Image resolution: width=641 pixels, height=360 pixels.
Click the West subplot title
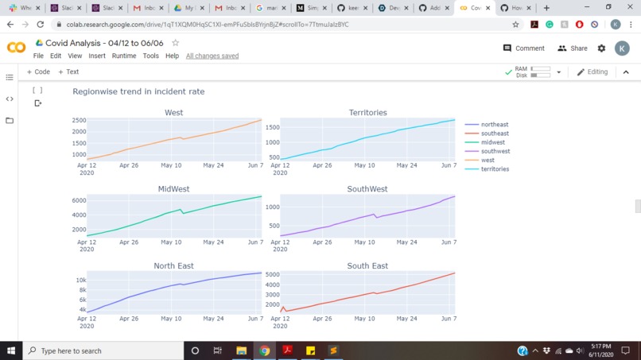click(173, 113)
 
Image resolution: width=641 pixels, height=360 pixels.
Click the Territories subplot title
click(367, 113)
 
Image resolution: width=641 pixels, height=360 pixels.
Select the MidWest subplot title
click(173, 189)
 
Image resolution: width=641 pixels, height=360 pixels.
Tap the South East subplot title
click(367, 265)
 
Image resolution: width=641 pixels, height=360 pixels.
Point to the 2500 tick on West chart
click(79, 121)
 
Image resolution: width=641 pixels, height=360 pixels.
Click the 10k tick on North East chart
click(80, 280)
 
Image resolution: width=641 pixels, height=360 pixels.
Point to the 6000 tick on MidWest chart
click(79, 200)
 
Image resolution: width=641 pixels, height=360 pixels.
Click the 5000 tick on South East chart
click(272, 275)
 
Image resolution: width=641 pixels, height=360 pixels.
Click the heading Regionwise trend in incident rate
click(138, 91)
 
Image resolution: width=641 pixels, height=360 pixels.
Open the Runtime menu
click(124, 56)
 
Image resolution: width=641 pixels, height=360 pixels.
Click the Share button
click(573, 48)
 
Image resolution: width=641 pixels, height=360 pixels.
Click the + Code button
click(38, 72)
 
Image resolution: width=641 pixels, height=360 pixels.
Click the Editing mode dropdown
click(592, 72)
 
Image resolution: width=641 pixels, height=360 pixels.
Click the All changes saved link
click(212, 56)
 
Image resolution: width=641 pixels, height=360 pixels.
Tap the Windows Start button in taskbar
click(11, 350)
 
